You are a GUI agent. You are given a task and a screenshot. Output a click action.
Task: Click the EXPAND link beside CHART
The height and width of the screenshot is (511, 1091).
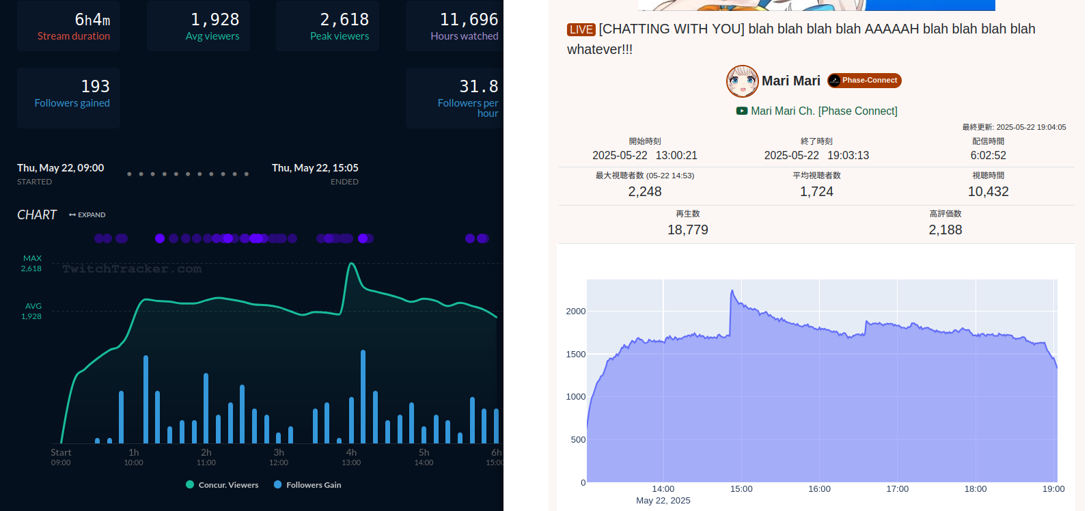tap(87, 215)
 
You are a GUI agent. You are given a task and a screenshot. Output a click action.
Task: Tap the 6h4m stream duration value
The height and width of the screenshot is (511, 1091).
tap(92, 20)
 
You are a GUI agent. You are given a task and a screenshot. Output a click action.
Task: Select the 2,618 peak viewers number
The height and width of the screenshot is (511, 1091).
tap(344, 20)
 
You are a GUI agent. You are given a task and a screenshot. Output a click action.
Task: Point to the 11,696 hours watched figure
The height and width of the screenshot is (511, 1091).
tap(469, 20)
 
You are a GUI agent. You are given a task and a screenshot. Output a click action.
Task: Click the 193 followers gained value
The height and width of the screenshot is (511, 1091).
tap(95, 87)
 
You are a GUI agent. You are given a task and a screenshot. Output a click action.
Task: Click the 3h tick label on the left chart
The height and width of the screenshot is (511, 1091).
tap(279, 453)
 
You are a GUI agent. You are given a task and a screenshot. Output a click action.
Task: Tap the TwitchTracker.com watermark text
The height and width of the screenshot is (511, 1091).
tap(132, 269)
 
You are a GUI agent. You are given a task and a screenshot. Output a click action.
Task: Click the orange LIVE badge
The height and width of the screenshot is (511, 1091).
tap(581, 29)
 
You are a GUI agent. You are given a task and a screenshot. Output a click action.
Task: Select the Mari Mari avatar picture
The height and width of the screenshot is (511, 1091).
tap(742, 81)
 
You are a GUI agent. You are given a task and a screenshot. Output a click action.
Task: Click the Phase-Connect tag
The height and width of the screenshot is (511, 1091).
tap(864, 81)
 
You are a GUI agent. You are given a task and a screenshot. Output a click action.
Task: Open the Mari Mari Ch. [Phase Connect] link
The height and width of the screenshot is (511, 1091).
tap(823, 111)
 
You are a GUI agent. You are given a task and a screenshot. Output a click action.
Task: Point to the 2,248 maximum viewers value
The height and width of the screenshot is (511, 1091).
tap(645, 192)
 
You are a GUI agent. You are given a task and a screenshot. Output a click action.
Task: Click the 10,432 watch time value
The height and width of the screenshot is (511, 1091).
tap(988, 192)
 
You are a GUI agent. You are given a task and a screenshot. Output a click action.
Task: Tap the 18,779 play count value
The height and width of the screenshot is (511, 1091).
tap(687, 230)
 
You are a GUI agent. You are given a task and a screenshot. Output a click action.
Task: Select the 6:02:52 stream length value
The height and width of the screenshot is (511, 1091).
tap(988, 156)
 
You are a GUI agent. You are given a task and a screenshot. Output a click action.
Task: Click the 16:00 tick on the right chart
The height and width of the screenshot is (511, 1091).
tap(819, 489)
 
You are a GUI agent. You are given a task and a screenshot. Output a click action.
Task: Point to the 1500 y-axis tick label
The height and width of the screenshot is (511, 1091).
tap(575, 355)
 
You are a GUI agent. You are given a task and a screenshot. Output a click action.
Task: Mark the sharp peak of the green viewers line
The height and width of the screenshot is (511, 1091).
tap(351, 264)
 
